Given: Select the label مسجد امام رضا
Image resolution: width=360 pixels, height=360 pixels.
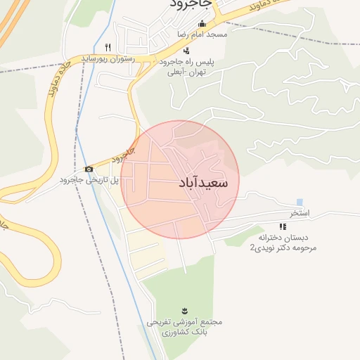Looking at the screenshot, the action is (202, 34).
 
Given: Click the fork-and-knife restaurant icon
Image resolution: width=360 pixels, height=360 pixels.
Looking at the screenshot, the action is (108, 47).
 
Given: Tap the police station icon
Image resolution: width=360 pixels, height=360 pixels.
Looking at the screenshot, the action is (186, 51).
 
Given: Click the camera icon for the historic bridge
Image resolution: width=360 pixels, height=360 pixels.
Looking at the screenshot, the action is (89, 169).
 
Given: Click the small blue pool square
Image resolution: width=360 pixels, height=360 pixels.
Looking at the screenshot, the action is (300, 202).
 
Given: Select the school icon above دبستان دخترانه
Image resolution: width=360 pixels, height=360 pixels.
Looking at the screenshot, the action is (283, 226).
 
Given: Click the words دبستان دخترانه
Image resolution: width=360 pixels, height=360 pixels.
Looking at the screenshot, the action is (287, 238).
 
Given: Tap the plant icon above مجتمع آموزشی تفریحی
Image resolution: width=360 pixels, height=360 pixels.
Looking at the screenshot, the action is (184, 311).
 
